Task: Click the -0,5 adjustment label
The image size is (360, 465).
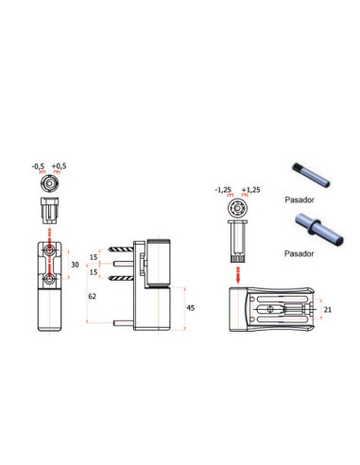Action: point(39,166)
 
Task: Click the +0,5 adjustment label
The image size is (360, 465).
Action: point(60,166)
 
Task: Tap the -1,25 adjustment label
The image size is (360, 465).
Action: point(223,190)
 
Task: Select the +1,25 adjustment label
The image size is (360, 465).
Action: point(251,190)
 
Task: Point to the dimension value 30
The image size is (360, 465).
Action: point(75,265)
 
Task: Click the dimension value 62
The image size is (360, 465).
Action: point(92,297)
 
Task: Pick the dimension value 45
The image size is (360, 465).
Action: point(191,308)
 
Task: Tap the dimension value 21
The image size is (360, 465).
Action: point(328,310)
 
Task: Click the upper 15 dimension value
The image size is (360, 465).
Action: point(94,257)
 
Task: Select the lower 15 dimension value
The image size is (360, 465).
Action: point(94,271)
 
